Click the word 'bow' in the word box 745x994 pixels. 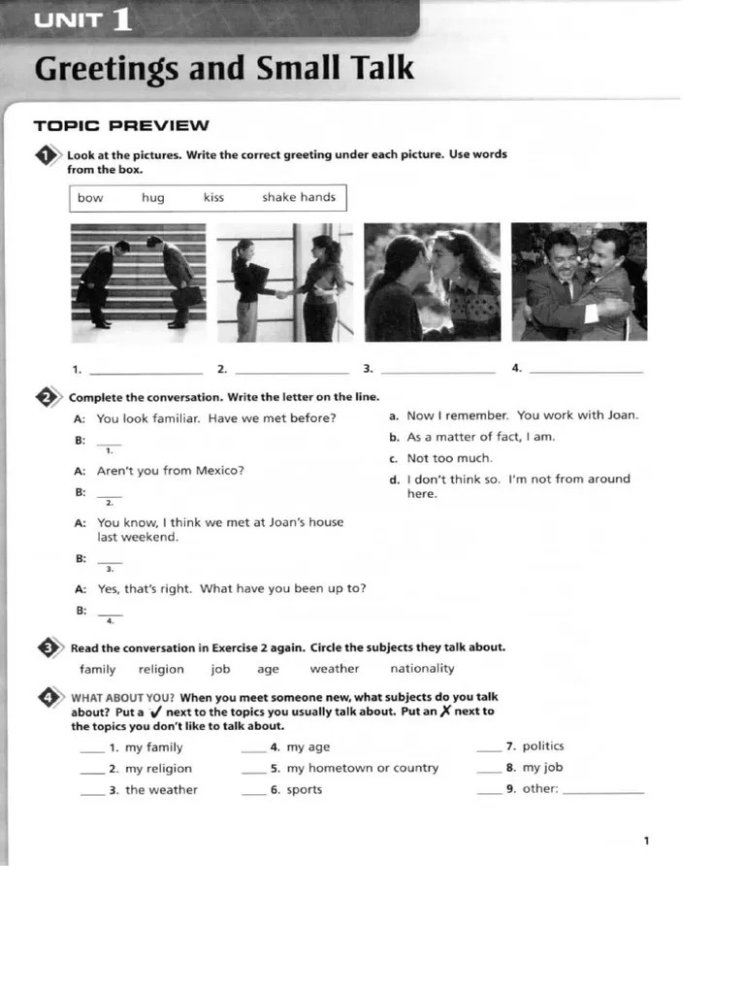[x=90, y=198]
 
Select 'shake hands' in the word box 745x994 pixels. [x=298, y=197]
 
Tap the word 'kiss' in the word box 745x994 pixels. [x=213, y=197]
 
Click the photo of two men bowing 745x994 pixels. [x=138, y=282]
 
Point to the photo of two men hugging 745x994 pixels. [x=578, y=282]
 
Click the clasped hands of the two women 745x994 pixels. [x=282, y=293]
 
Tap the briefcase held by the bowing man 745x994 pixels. [x=185, y=296]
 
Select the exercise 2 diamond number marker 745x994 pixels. [x=46, y=396]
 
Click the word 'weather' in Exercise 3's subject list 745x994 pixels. [x=334, y=669]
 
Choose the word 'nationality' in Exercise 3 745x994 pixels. [x=422, y=669]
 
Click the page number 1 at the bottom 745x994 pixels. [x=646, y=841]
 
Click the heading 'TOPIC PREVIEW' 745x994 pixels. [x=121, y=125]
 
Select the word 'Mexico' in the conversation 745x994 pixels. [x=220, y=471]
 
